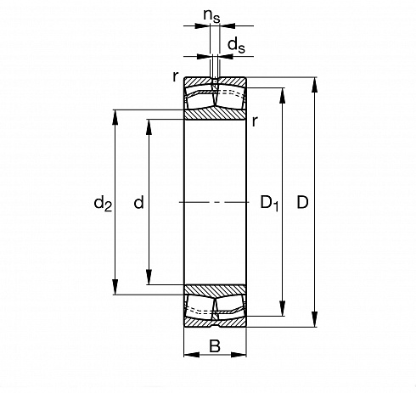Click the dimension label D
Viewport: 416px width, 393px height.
point(302,202)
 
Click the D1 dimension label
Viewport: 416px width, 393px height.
point(269,203)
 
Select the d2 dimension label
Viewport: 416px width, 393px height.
point(103,204)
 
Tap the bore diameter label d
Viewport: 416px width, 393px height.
point(138,202)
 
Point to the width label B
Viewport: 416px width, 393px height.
point(215,345)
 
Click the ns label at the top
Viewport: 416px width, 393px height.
point(211,16)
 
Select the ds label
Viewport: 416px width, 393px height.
point(236,45)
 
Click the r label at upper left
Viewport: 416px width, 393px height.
point(176,76)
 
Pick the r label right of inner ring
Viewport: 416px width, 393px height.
point(255,121)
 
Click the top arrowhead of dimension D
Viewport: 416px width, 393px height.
point(314,85)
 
